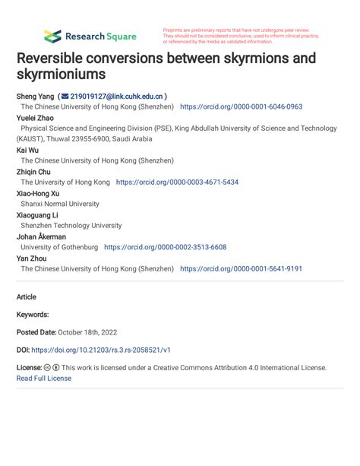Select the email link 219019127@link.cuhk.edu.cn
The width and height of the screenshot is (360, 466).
tap(116, 97)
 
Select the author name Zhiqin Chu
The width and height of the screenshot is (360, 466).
tap(36, 172)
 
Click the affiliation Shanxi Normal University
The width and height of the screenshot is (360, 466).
tap(60, 204)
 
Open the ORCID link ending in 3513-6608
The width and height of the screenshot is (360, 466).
tap(165, 247)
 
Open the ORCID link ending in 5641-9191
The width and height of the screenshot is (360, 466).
tap(241, 268)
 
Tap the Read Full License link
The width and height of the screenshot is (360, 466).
tap(44, 378)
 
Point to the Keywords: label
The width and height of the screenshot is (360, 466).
tap(33, 314)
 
